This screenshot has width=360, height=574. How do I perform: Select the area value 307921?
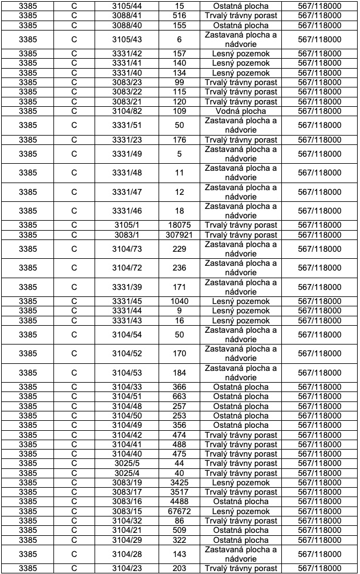click(x=179, y=235)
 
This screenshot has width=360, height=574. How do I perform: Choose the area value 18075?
click(x=179, y=225)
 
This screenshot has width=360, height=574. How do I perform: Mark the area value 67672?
click(x=179, y=511)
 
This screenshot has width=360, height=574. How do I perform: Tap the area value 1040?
click(x=179, y=302)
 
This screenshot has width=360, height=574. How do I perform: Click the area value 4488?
click(x=179, y=502)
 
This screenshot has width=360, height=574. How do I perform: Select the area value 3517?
click(x=179, y=492)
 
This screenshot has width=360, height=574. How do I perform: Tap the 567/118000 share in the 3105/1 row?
click(x=319, y=225)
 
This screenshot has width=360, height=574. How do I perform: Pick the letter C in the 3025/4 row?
click(x=74, y=473)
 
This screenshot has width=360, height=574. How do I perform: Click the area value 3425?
click(x=179, y=483)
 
